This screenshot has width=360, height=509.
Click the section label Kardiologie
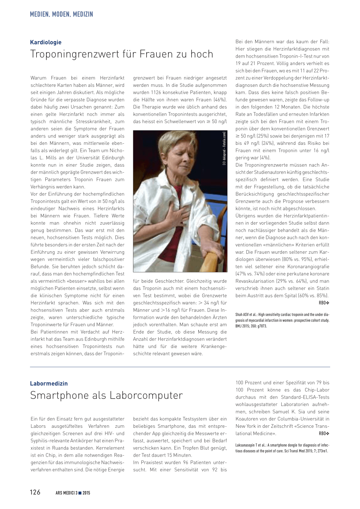coord(46,42)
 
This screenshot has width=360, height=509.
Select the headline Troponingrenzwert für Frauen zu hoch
coord(122,54)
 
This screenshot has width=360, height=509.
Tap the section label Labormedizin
coord(49,384)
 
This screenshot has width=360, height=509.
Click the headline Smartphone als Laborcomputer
coord(107,395)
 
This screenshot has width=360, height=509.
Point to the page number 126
coord(35,492)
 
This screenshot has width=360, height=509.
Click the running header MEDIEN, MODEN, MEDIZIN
coord(62,14)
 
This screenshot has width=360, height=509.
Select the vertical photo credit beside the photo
coord(224,148)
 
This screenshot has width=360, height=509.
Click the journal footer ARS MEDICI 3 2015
coord(73,493)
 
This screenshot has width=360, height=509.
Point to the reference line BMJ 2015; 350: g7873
coord(251,326)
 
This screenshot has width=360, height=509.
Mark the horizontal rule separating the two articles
coord(180,367)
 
